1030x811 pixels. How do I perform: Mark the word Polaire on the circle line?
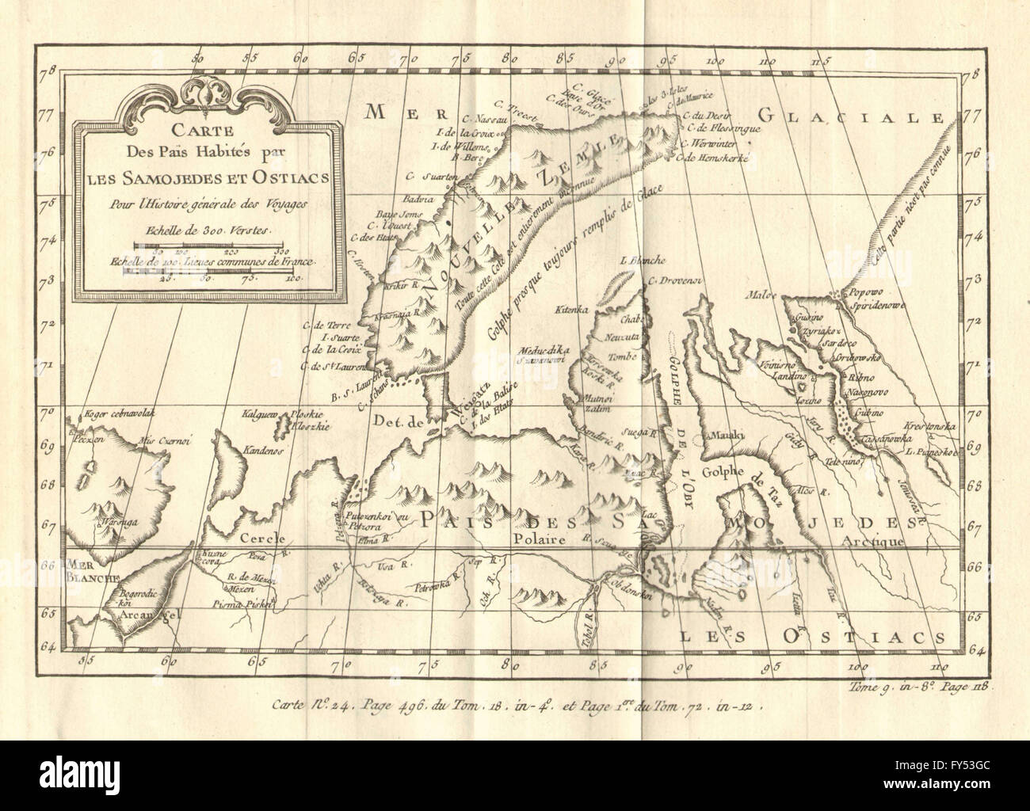click(x=541, y=539)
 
